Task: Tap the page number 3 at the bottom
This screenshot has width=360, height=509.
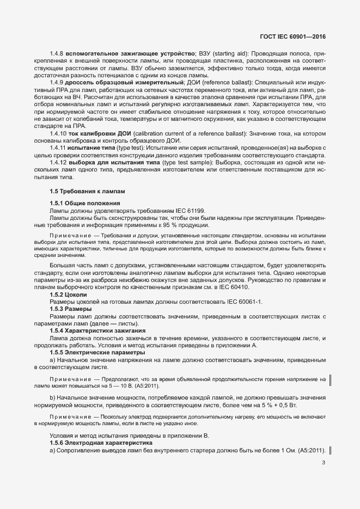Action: [x=324, y=463]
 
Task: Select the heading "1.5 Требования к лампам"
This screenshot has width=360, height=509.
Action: [x=80, y=191]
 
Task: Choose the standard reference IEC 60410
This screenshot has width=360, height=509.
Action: [x=231, y=287]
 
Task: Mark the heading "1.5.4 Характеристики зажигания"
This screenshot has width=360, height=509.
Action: [x=97, y=331]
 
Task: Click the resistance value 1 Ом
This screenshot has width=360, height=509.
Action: [x=275, y=450]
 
